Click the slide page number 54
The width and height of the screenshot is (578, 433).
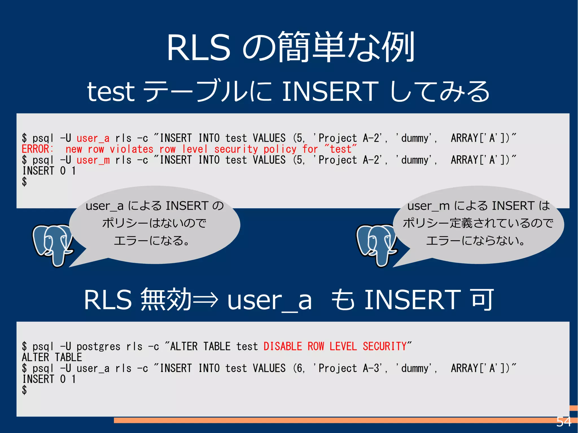click(564, 422)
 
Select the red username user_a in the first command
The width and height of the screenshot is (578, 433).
click(93, 138)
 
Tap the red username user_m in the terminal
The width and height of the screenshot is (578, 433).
click(93, 160)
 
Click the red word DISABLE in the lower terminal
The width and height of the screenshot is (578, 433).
click(283, 346)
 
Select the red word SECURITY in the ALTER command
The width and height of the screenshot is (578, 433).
click(384, 346)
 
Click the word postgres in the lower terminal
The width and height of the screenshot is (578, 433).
click(98, 347)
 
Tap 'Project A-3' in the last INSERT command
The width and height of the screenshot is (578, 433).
click(348, 368)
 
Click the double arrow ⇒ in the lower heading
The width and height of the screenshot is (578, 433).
click(205, 300)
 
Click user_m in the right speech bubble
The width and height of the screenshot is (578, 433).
click(428, 206)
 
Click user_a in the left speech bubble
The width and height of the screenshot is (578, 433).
click(104, 206)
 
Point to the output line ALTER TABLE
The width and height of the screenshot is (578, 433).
click(52, 357)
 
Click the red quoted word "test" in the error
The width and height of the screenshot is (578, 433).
click(341, 149)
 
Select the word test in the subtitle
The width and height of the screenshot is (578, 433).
click(111, 92)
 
